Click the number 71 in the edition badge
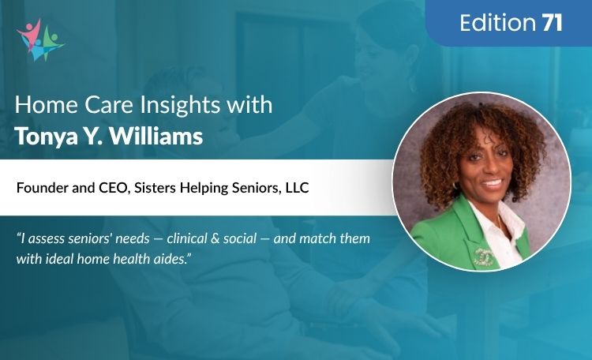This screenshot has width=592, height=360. [552, 23]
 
